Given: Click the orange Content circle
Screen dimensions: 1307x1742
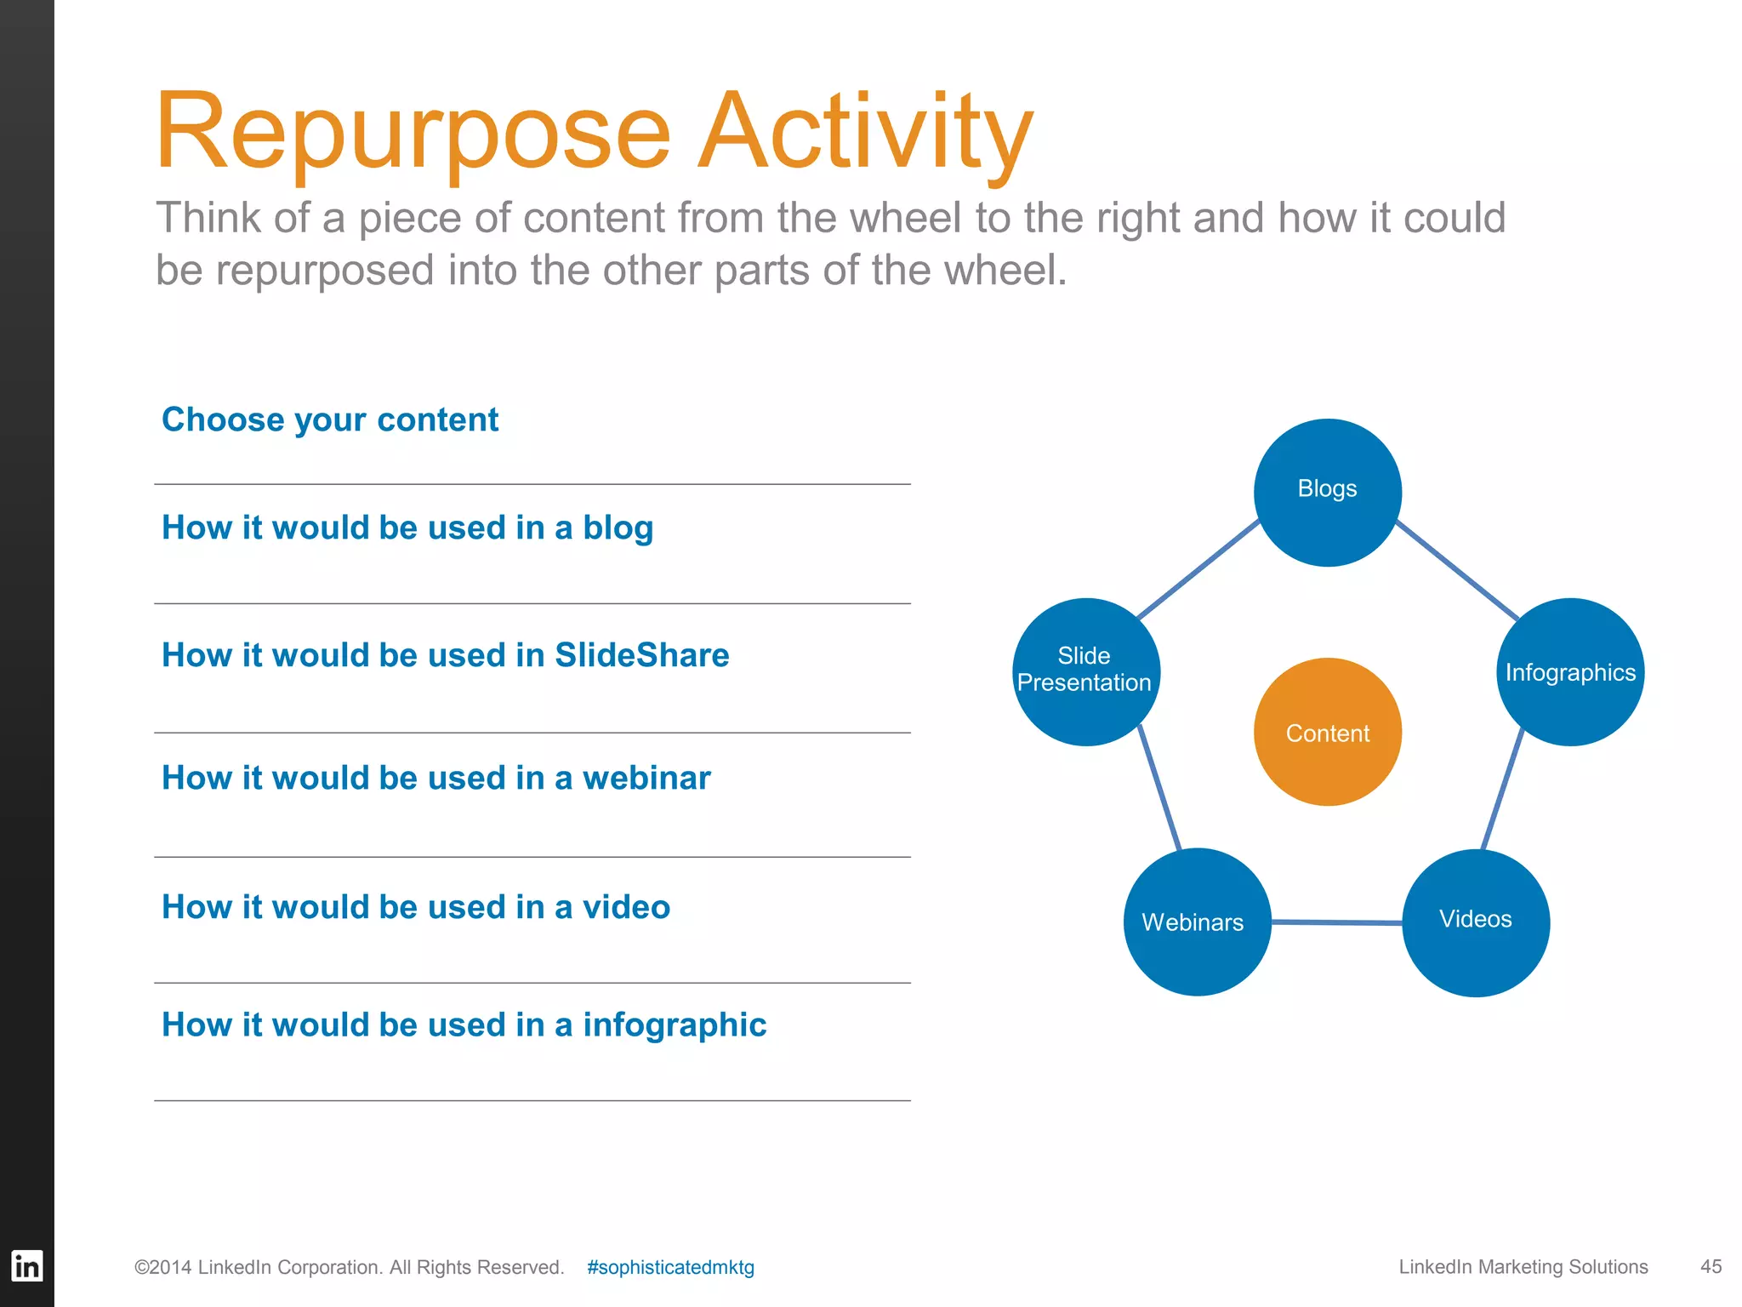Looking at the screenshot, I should point(1327,732).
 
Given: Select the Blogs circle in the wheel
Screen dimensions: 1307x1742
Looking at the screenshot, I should point(1327,492).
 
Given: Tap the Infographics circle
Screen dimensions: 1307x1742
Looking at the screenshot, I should point(1570,672).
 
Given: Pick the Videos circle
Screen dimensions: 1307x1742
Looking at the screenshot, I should point(1476,922).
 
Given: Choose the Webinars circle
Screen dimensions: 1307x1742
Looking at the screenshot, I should point(1197,922).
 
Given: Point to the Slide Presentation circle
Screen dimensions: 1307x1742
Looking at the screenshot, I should point(1085,671).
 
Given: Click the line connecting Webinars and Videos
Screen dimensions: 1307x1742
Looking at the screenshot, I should point(1335,922).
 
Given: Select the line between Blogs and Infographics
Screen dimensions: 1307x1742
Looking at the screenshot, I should point(1457,570).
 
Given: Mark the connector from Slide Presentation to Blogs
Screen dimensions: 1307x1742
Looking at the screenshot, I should point(1198,568).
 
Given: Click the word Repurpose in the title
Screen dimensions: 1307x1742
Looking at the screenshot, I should point(413,132).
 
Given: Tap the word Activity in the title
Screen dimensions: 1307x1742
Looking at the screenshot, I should point(865,132).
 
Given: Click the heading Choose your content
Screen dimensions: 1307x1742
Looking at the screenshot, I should point(330,419).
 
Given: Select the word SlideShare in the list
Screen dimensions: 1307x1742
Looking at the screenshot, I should point(641,655).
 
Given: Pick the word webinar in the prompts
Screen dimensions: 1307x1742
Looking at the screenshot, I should point(646,778).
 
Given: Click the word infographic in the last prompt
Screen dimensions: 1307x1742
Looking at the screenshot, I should point(675,1025).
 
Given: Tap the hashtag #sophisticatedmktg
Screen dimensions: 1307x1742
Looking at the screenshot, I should point(670,1267).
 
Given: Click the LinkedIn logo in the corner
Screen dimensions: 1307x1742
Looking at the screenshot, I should point(26,1265).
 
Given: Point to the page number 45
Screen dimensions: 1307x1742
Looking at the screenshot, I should point(1711,1266).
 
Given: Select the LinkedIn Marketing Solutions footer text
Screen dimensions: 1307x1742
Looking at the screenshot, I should point(1523,1266).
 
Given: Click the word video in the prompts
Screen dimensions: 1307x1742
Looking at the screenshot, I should point(626,907).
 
